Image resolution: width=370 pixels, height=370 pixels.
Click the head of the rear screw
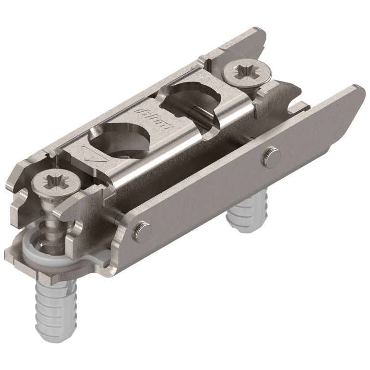pos(247,72)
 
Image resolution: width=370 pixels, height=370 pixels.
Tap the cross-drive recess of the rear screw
pos(247,71)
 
